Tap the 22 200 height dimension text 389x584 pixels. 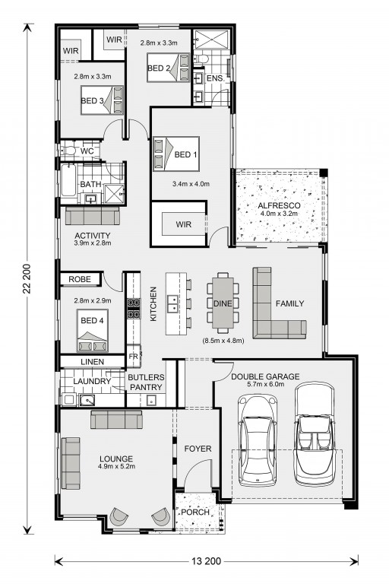pos(27,279)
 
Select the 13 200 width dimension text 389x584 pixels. pos(207,560)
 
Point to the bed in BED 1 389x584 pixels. pos(176,154)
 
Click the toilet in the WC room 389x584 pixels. pos(68,151)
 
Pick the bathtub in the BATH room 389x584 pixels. pos(68,180)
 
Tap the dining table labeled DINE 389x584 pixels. pos(223,303)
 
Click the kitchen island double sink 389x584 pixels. pos(172,303)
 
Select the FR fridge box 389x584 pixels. pos(133,357)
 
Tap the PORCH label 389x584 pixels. pos(195,512)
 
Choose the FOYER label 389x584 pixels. pos(198,449)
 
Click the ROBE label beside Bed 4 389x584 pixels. pos(80,279)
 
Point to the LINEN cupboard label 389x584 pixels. pos(93,362)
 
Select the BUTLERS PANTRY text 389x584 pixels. pos(146,382)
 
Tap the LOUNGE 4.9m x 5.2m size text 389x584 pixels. pos(116,466)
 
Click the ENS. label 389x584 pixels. pos(215,78)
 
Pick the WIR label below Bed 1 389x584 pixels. pos(184,224)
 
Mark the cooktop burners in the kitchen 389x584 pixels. pos(134,309)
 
